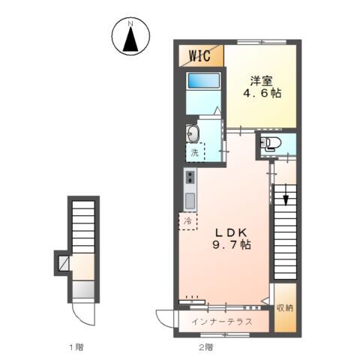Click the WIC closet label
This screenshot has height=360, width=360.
pos(199,55)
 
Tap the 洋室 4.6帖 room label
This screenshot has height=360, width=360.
pos(262,87)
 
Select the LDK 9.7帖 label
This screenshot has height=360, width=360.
pos(232,238)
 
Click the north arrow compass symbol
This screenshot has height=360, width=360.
pos(130,37)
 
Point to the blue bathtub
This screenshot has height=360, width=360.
pos(204,80)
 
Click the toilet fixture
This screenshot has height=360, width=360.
pos(271,144)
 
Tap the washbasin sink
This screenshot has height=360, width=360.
pos(193,133)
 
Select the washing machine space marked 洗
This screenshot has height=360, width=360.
pos(195,152)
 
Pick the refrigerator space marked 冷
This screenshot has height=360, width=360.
pos(187,221)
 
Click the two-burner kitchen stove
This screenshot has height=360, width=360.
pos(190,177)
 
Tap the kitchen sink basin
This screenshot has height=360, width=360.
pos(190,201)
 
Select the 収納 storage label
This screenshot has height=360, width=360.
pos(285,307)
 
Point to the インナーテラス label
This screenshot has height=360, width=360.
pos(222,322)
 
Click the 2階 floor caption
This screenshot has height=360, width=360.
pos(206,347)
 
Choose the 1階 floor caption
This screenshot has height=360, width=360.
pos(76,347)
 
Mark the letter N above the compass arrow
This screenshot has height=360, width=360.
pos(130,24)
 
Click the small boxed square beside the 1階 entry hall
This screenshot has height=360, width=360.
pos(64,263)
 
